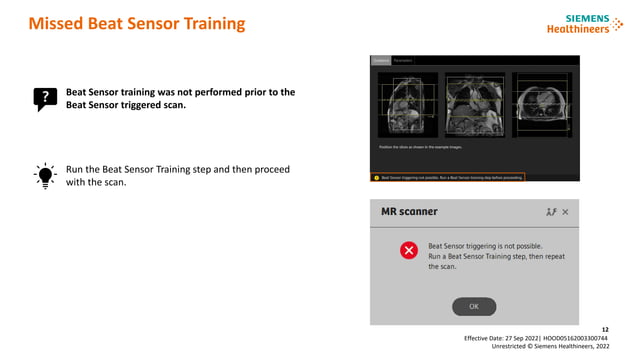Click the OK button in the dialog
(473, 306)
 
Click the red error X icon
(408, 250)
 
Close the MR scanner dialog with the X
(565, 212)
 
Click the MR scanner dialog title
(409, 212)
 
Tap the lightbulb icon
(45, 176)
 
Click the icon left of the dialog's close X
(550, 212)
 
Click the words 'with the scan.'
(96, 183)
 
